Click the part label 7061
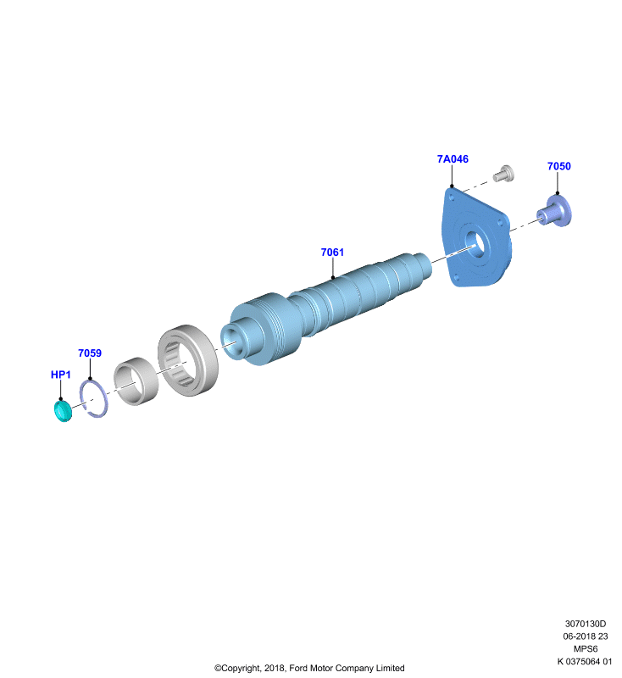pyautogui.click(x=332, y=252)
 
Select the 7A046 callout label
pyautogui.click(x=453, y=159)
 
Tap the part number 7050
pyautogui.click(x=559, y=166)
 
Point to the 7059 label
pyautogui.click(x=90, y=353)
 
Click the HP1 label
pyautogui.click(x=60, y=375)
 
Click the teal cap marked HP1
pyautogui.click(x=63, y=411)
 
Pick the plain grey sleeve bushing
pyautogui.click(x=136, y=381)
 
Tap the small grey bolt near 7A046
pyautogui.click(x=504, y=174)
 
